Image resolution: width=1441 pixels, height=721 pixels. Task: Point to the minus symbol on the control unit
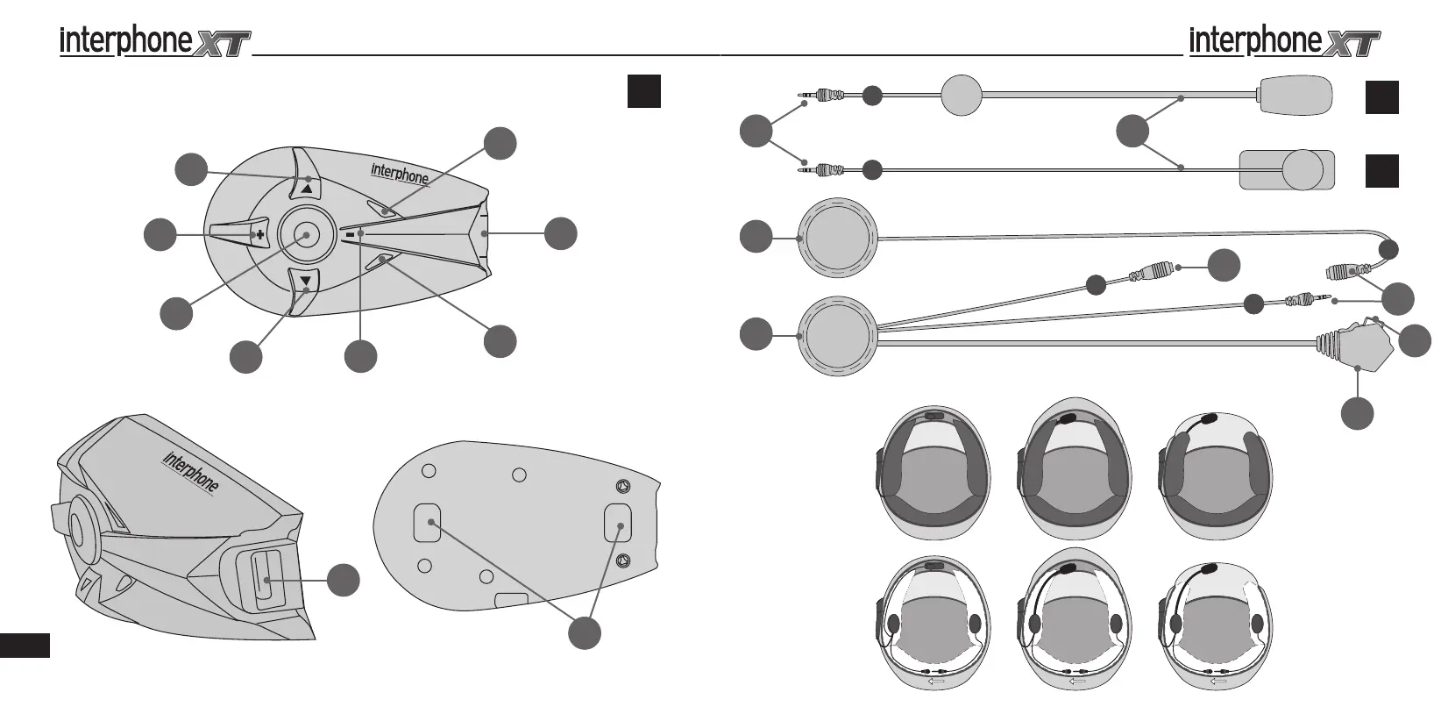(350, 234)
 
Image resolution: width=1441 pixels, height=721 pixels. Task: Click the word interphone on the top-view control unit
(400, 173)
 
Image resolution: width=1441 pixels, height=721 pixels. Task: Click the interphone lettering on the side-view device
(191, 472)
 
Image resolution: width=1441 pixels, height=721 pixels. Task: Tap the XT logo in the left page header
(223, 43)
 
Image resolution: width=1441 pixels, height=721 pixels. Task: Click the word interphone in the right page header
(1254, 40)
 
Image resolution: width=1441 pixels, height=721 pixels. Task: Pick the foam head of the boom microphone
(1295, 96)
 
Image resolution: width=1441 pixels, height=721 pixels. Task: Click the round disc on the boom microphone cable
(962, 95)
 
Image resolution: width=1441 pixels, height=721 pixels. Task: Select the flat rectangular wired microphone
(1287, 168)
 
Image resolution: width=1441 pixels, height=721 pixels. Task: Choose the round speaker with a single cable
(840, 237)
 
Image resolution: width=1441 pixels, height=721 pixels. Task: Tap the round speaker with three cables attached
(840, 336)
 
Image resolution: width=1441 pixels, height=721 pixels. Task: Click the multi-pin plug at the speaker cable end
(1357, 347)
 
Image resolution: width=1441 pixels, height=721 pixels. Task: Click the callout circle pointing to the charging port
(344, 581)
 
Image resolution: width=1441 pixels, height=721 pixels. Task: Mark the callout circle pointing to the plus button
(160, 234)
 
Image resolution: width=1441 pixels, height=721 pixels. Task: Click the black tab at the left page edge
(25, 646)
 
